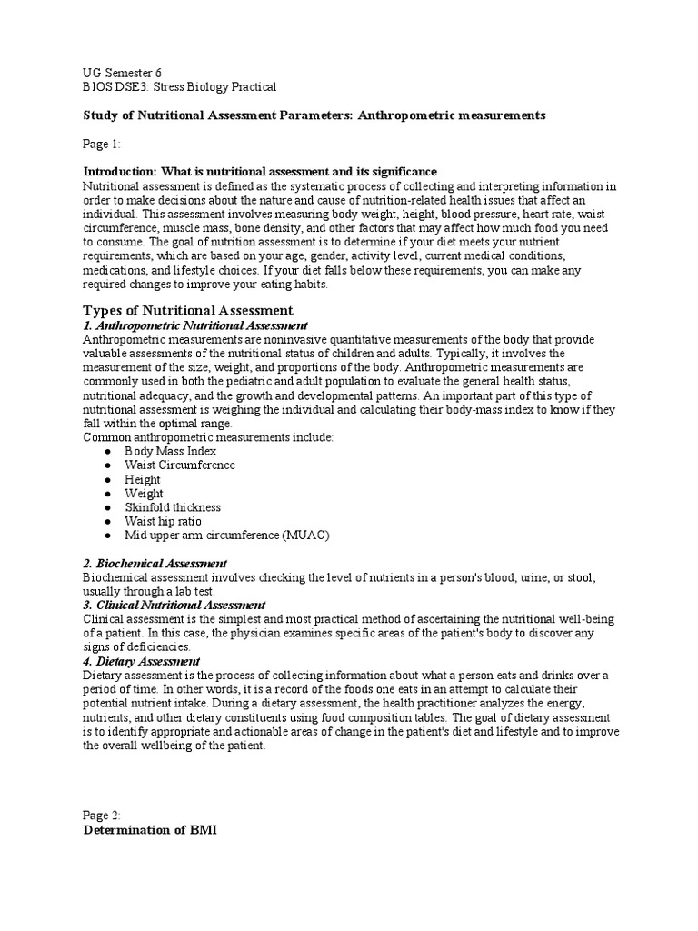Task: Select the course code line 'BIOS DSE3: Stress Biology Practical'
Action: (179, 86)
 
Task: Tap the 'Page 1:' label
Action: (102, 144)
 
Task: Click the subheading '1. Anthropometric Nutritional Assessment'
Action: (194, 325)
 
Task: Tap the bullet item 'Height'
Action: (143, 479)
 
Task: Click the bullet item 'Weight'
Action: (144, 493)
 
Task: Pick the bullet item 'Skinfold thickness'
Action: (173, 507)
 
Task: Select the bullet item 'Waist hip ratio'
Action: (164, 521)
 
